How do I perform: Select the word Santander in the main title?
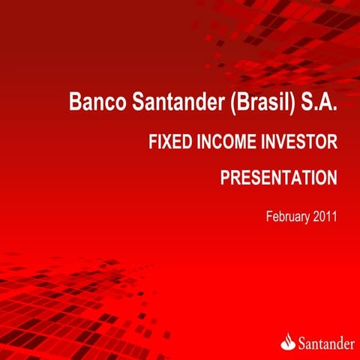pyautogui.click(x=178, y=101)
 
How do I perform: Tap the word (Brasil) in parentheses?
pyautogui.click(x=262, y=103)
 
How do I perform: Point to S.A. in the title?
pyautogui.click(x=319, y=101)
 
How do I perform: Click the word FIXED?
pyautogui.click(x=171, y=142)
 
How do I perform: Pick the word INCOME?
pyautogui.click(x=226, y=142)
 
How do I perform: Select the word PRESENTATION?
pyautogui.click(x=279, y=178)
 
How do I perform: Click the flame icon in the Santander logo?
pyautogui.click(x=289, y=341)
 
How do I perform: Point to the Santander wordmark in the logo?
pyautogui.click(x=326, y=343)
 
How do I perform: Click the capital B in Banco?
pyautogui.click(x=75, y=101)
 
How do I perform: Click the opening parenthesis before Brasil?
pyautogui.click(x=233, y=103)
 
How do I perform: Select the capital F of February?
pyautogui.click(x=269, y=217)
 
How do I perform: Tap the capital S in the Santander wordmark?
pyautogui.click(x=302, y=343)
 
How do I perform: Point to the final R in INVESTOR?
pyautogui.click(x=332, y=142)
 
